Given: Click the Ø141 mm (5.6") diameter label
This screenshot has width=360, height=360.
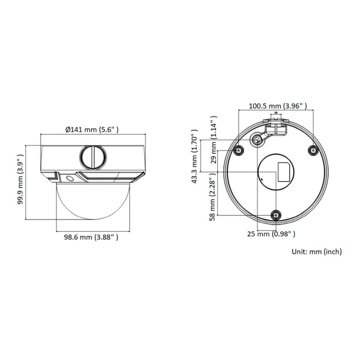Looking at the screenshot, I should [x=92, y=130].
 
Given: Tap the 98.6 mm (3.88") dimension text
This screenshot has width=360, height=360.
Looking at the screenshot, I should [x=92, y=237].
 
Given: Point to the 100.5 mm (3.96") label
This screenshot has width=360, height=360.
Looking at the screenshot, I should [x=277, y=106].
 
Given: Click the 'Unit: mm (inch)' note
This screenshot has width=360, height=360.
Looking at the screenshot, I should [x=316, y=251].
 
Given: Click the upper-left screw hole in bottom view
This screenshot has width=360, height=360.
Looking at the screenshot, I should [x=238, y=150].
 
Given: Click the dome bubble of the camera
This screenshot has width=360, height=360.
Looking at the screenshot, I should [x=92, y=201].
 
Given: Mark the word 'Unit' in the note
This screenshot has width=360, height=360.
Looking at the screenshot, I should [x=299, y=251].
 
